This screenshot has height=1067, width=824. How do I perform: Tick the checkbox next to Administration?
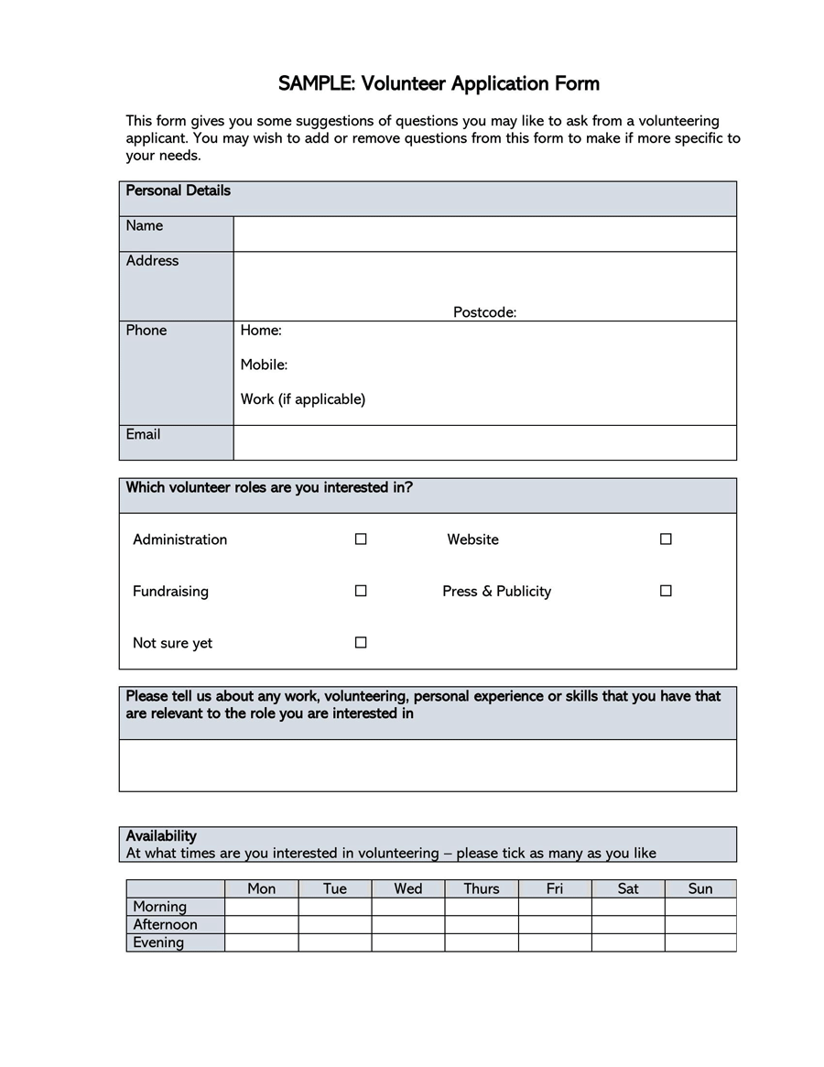point(361,539)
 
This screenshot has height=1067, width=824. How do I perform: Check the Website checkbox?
point(666,539)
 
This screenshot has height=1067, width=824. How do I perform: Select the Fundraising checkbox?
point(361,591)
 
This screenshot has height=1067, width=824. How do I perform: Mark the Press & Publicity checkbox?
point(666,591)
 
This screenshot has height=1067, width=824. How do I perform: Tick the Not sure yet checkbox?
point(361,643)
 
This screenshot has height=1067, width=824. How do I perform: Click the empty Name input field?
point(484,234)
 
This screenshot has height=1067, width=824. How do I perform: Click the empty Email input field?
point(484,442)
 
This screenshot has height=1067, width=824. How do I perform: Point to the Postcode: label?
point(484,312)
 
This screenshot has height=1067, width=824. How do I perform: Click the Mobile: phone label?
point(264,365)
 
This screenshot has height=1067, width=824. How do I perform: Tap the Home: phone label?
point(261,330)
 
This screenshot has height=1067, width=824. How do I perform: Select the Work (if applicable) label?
point(302,399)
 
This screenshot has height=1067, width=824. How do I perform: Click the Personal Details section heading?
point(178,191)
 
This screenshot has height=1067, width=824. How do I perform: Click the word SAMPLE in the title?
point(317,84)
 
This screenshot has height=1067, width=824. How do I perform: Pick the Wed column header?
point(408,888)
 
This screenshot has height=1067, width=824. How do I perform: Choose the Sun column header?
point(700,888)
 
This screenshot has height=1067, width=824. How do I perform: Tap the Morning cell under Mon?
point(262,907)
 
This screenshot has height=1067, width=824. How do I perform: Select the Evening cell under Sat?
point(628,942)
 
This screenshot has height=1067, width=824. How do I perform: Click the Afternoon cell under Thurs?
point(482,924)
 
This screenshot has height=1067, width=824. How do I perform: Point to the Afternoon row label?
point(165,924)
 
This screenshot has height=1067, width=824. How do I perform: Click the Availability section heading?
point(161,835)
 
